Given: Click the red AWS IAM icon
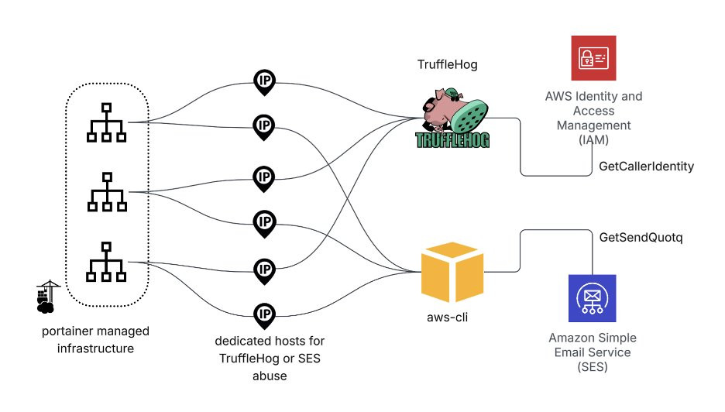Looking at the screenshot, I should coord(593,58).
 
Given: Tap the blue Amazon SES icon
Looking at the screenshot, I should coord(592,298).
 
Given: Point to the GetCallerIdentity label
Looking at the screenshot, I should coord(646,167).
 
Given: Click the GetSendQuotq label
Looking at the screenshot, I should coord(641,236).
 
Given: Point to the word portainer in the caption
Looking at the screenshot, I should coord(70,331).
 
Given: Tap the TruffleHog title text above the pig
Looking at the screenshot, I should coord(447,65).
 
